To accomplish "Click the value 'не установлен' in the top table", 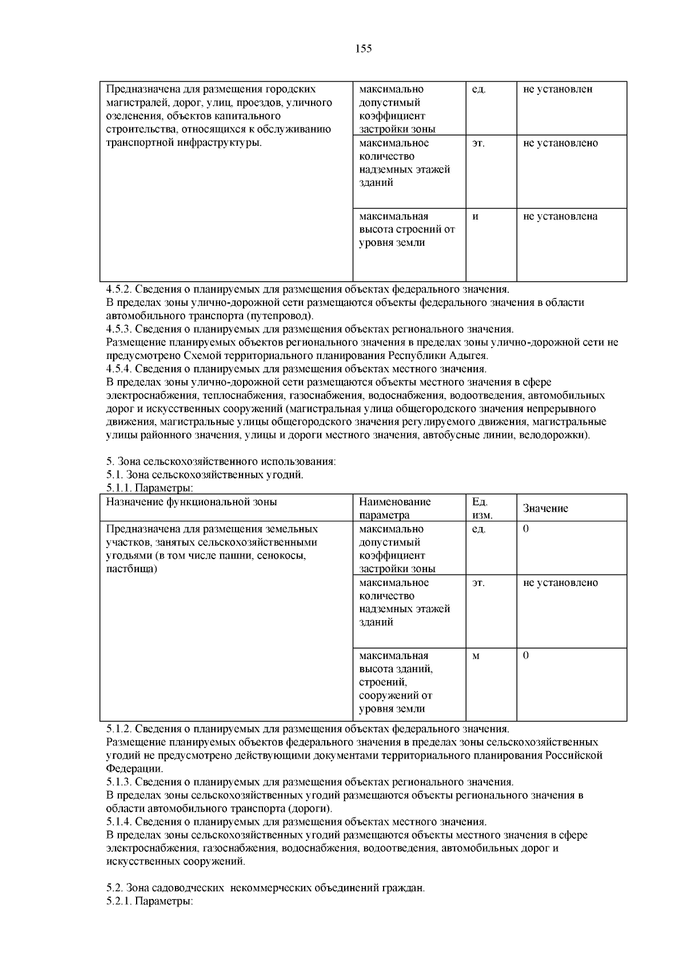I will tap(557, 90).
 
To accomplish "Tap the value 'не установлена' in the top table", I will tap(560, 217).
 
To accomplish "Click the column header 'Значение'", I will tap(545, 509).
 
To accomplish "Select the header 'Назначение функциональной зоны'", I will tap(192, 502).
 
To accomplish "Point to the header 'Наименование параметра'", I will tap(394, 508).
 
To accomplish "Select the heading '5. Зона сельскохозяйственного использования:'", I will tap(221, 461).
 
